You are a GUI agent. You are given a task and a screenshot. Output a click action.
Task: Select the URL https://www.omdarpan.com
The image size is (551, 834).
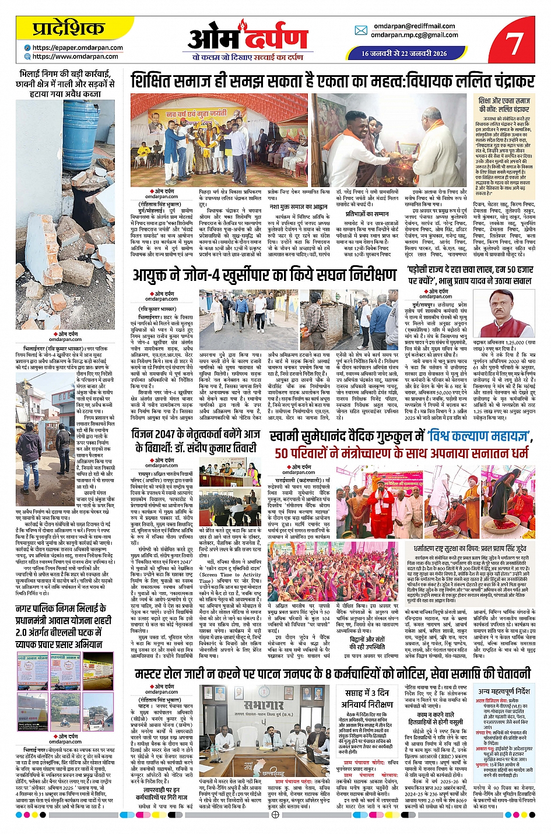pyautogui.click(x=75, y=57)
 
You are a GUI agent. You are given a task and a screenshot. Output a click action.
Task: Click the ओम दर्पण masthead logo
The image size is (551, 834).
pyautogui.click(x=247, y=38)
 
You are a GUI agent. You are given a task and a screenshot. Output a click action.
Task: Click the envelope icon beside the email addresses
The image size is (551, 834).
pyautogui.click(x=361, y=30)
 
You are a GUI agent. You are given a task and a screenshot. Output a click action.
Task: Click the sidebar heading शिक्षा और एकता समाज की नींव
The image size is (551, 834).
pyautogui.click(x=504, y=105)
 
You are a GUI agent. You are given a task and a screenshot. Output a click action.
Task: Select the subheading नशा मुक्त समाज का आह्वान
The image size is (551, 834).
pyautogui.click(x=298, y=206)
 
